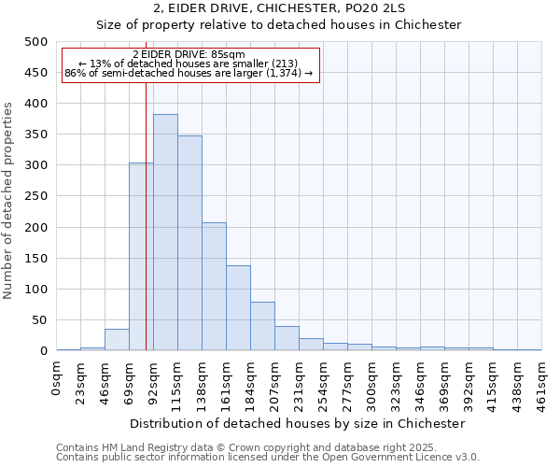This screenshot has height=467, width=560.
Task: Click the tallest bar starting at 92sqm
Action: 165,233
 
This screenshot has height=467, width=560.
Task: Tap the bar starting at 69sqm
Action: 141,257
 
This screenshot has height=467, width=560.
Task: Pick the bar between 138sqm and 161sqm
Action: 214,287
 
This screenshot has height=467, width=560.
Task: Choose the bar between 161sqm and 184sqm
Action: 238,308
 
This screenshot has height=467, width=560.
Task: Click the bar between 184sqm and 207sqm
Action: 262,327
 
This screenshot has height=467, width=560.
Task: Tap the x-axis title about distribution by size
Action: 299,423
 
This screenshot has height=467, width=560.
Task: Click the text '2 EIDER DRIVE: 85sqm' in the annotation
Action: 189,55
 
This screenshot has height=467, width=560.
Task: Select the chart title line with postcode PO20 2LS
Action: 279,8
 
